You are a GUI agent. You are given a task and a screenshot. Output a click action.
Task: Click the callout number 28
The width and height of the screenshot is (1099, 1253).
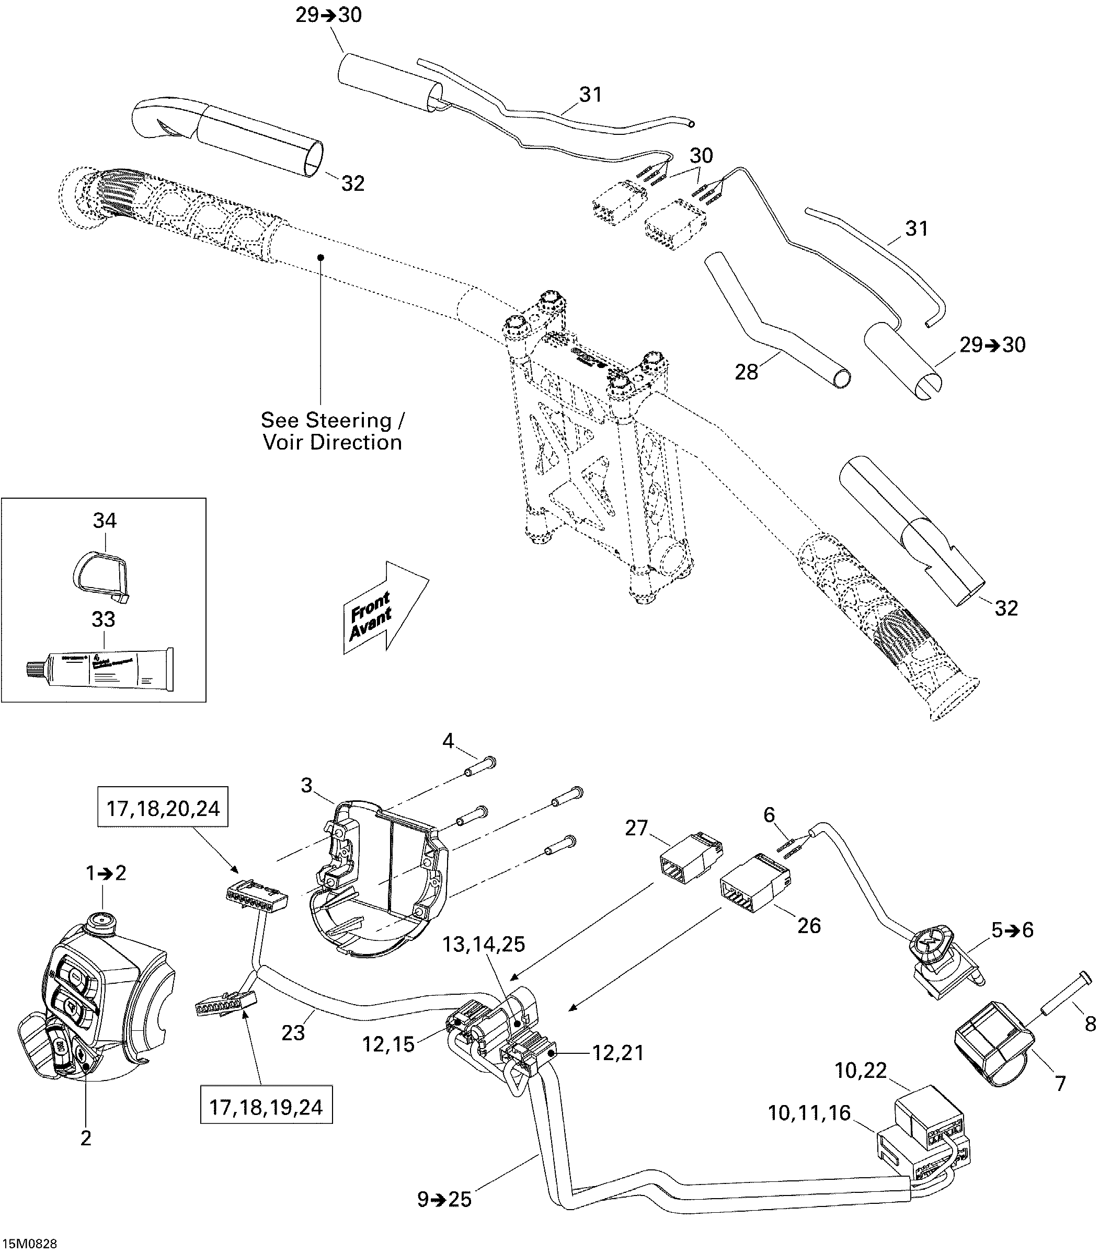click(747, 372)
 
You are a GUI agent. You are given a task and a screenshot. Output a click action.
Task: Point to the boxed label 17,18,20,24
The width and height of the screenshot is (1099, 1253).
click(163, 809)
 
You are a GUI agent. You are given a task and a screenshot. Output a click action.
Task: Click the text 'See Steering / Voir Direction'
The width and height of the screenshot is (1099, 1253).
click(333, 431)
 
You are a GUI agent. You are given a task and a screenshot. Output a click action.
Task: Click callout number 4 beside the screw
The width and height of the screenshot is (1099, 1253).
click(448, 741)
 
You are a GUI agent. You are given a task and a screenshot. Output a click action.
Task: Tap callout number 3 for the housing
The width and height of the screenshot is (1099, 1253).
click(306, 785)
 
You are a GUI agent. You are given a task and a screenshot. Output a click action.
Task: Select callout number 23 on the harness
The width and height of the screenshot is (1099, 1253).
click(293, 1032)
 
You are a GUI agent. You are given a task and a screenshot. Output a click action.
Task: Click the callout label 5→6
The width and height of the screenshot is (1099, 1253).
click(1012, 929)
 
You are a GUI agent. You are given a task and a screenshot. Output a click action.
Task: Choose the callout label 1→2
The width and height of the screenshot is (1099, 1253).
click(106, 873)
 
